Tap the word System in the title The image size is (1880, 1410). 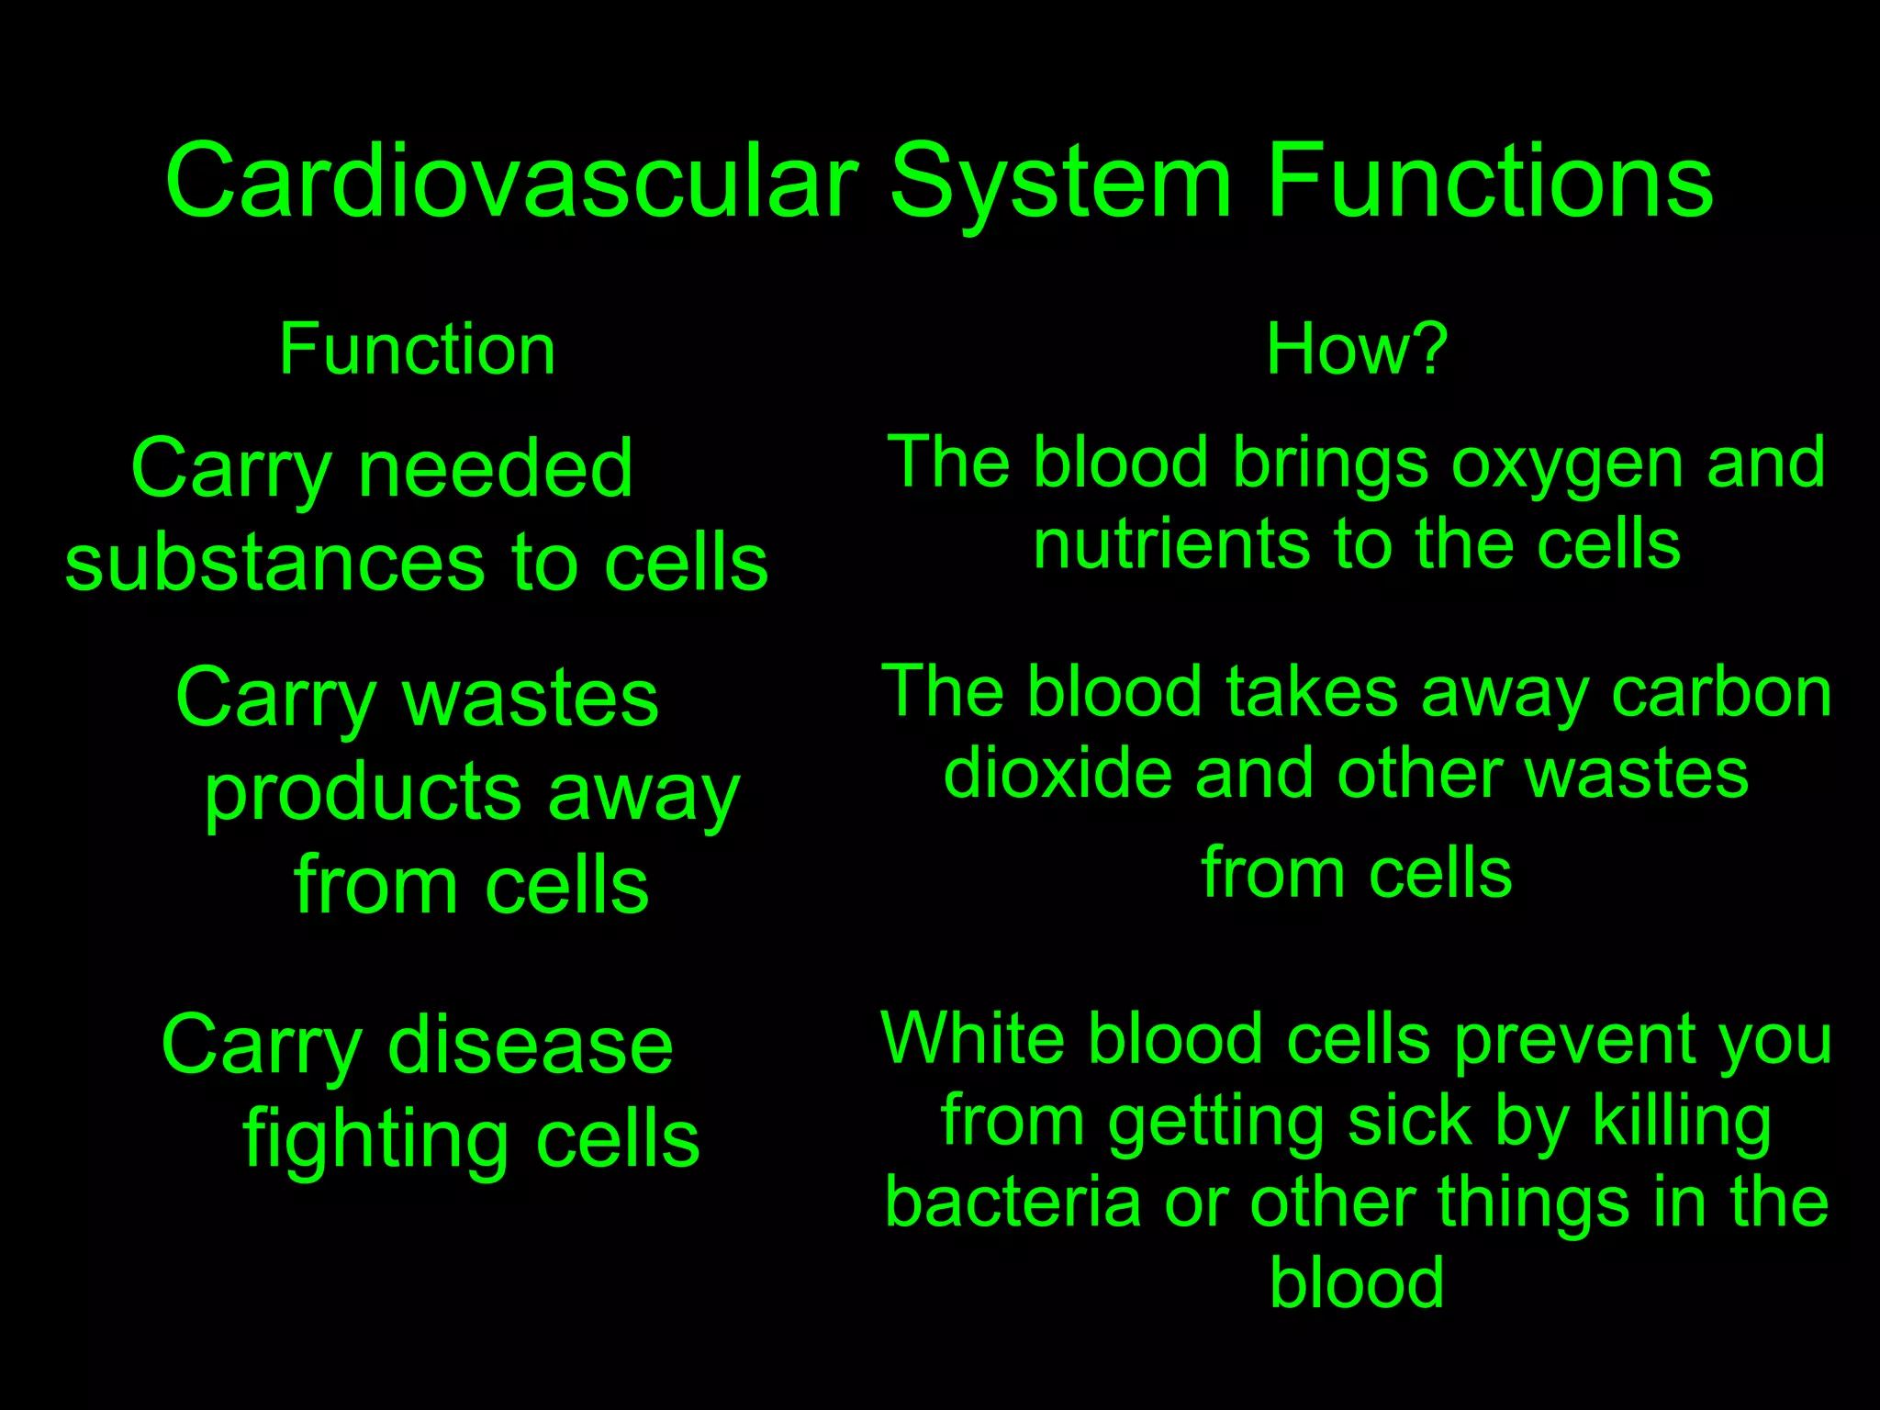click(1059, 181)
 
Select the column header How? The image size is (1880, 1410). click(1356, 350)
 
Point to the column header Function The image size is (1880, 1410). click(418, 350)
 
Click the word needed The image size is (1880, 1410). click(496, 469)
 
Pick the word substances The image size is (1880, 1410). click(274, 563)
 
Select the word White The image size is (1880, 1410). click(971, 1040)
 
